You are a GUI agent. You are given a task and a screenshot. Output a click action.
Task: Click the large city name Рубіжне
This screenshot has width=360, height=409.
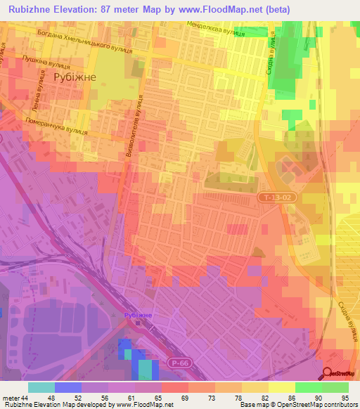pyautogui.click(x=79, y=77)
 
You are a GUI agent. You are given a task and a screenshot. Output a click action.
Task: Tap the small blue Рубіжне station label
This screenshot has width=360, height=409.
pyautogui.click(x=138, y=316)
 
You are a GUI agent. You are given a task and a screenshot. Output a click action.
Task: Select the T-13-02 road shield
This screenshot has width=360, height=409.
pyautogui.click(x=274, y=198)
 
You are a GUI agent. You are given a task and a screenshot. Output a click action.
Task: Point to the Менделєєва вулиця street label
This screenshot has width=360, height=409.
pyautogui.click(x=216, y=29)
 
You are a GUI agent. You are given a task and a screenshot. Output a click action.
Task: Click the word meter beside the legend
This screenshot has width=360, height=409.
pyautogui.click(x=10, y=397)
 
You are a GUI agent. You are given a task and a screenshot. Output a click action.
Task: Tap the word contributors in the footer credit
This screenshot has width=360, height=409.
pyautogui.click(x=340, y=405)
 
